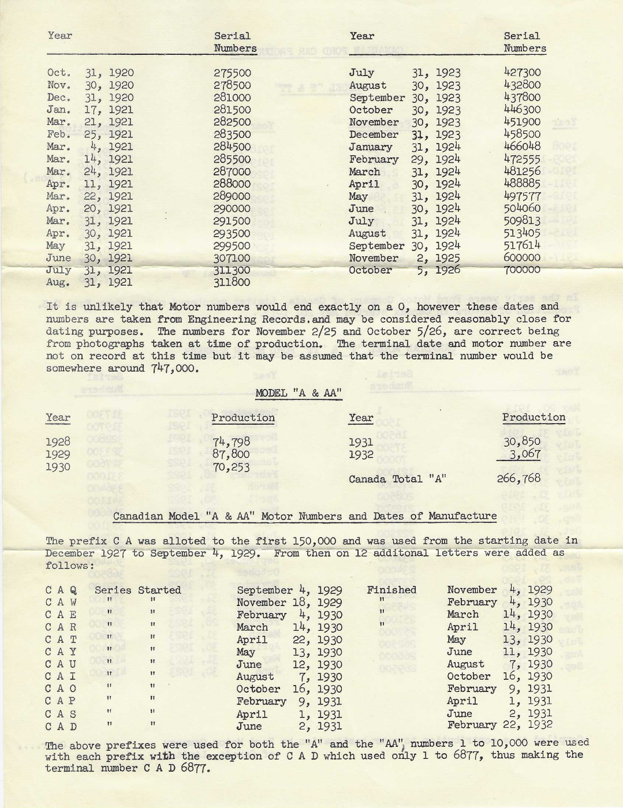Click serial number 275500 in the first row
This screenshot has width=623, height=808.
[x=232, y=73]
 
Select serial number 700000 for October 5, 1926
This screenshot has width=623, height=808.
[x=522, y=270]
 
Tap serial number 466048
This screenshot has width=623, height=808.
[x=522, y=147]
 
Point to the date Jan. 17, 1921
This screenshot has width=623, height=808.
[x=90, y=110]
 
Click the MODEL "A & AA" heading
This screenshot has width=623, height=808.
[x=299, y=393]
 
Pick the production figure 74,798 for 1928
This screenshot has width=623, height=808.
[x=232, y=442]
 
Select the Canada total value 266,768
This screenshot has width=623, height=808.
[x=518, y=478]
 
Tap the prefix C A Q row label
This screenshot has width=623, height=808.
[x=61, y=590]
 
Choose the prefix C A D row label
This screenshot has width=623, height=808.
[x=61, y=727]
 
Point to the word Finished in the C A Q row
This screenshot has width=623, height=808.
[x=391, y=590]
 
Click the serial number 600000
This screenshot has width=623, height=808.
[x=522, y=258]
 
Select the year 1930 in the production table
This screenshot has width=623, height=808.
[x=58, y=467]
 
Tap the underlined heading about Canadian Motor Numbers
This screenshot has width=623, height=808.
[x=304, y=516]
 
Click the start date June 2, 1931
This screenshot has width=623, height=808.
[x=289, y=726]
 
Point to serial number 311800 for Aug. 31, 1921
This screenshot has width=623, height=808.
[x=232, y=282]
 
